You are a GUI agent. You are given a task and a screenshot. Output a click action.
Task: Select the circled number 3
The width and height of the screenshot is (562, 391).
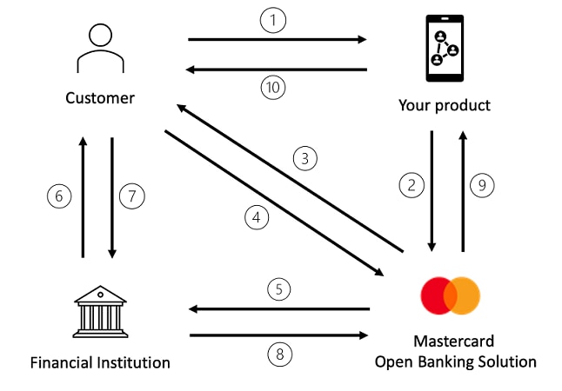pyautogui.click(x=303, y=159)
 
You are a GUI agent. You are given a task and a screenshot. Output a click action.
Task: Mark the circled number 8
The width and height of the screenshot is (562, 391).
pyautogui.click(x=278, y=354)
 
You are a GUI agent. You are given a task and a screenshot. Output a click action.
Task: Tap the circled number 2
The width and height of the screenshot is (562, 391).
pyautogui.click(x=411, y=184)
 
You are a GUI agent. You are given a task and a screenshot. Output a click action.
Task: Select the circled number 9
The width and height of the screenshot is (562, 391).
pyautogui.click(x=484, y=184)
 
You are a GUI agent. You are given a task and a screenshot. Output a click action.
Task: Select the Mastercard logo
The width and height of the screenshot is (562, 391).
pyautogui.click(x=450, y=295)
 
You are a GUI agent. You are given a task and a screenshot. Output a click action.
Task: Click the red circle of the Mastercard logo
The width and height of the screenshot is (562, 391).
pyautogui.click(x=436, y=295)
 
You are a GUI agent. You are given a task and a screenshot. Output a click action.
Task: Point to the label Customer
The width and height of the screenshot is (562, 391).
pyautogui.click(x=100, y=98)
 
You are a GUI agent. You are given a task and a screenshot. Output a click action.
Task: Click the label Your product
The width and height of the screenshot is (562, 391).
pyautogui.click(x=445, y=106)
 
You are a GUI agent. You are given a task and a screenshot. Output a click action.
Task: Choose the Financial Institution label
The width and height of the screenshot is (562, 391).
pyautogui.click(x=100, y=361)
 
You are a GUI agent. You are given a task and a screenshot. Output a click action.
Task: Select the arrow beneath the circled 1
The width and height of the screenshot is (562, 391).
pyautogui.click(x=277, y=39)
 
